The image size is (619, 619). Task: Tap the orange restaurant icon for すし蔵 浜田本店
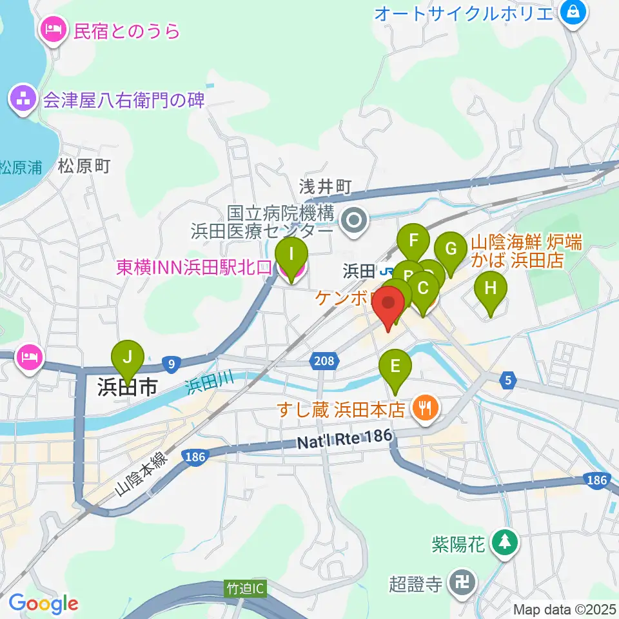pos(425,408)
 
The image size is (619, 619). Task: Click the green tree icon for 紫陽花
pos(504,542)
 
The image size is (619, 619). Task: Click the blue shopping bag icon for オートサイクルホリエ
pos(572,11)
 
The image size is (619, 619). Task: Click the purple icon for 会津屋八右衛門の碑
pos(22,100)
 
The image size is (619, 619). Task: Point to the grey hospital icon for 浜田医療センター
pos(354,222)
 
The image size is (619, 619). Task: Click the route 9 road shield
pos(171,365)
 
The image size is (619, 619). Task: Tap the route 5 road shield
pos(509,381)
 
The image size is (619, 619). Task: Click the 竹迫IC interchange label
pos(246,588)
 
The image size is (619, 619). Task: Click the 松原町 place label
pos(84,166)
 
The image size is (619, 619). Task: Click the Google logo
pos(43,604)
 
